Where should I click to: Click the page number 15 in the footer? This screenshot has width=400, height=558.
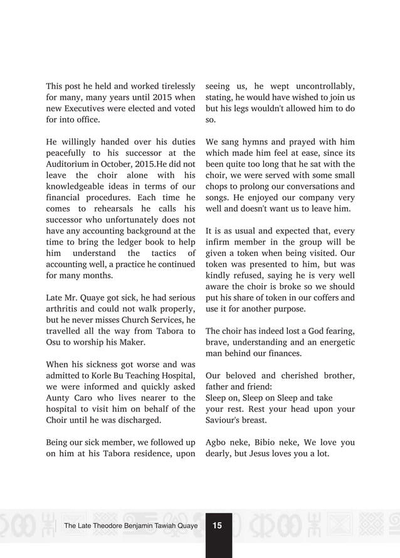pos(218,525)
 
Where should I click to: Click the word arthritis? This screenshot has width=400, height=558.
pos(63,308)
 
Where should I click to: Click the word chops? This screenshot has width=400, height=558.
pos(218,186)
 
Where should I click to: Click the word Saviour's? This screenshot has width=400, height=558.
pos(225,420)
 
